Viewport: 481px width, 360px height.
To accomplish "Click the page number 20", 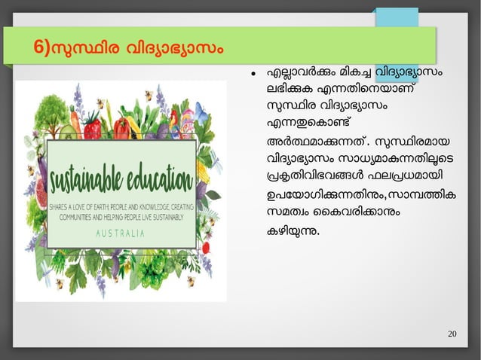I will pos(452,334).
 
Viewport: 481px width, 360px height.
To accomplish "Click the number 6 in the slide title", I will pos(39,46).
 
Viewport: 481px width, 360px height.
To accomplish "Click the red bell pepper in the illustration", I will pos(121,127).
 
